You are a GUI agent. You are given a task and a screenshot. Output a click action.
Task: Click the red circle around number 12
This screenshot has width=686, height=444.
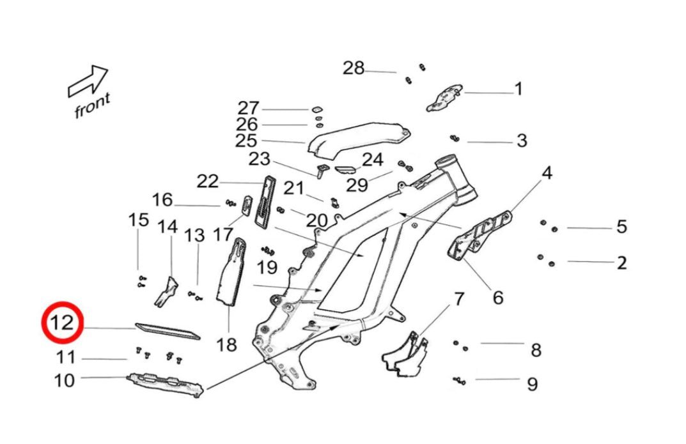point(63,323)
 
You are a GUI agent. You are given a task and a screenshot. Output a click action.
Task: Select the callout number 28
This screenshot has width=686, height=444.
point(354,68)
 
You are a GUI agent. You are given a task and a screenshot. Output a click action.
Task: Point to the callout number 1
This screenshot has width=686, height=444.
point(518,89)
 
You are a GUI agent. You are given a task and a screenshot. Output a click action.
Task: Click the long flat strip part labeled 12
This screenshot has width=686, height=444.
point(168,330)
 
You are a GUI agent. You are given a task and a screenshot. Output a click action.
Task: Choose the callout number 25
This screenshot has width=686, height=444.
point(246,141)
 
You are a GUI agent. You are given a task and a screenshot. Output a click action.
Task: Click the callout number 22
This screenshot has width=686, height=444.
point(207,182)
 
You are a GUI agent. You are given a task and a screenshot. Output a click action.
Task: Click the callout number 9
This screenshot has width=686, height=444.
point(532,385)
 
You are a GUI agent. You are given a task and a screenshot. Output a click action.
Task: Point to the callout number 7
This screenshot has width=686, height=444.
point(459,298)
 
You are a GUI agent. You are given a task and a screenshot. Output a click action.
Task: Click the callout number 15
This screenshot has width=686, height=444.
point(138,221)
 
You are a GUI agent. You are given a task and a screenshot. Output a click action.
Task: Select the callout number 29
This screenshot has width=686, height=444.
point(357,185)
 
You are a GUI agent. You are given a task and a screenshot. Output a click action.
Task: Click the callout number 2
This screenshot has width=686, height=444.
point(621,263)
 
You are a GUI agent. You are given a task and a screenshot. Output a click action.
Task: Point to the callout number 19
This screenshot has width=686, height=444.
point(267,266)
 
